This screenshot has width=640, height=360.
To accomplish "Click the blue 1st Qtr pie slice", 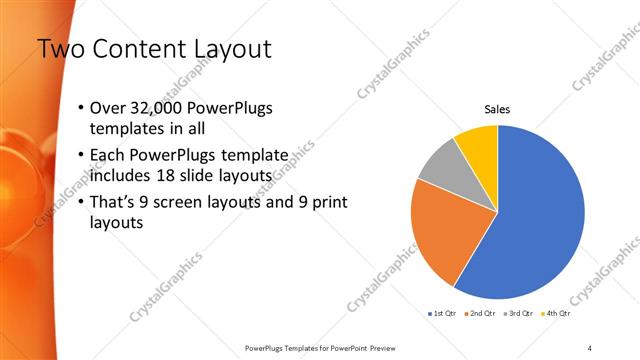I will (x=540, y=220).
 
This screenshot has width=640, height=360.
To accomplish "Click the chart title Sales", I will (x=497, y=110).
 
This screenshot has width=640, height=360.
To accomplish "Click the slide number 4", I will (x=589, y=347).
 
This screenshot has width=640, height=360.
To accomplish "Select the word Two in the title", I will (x=59, y=49).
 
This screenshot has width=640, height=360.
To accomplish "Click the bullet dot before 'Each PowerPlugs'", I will (x=81, y=157).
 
